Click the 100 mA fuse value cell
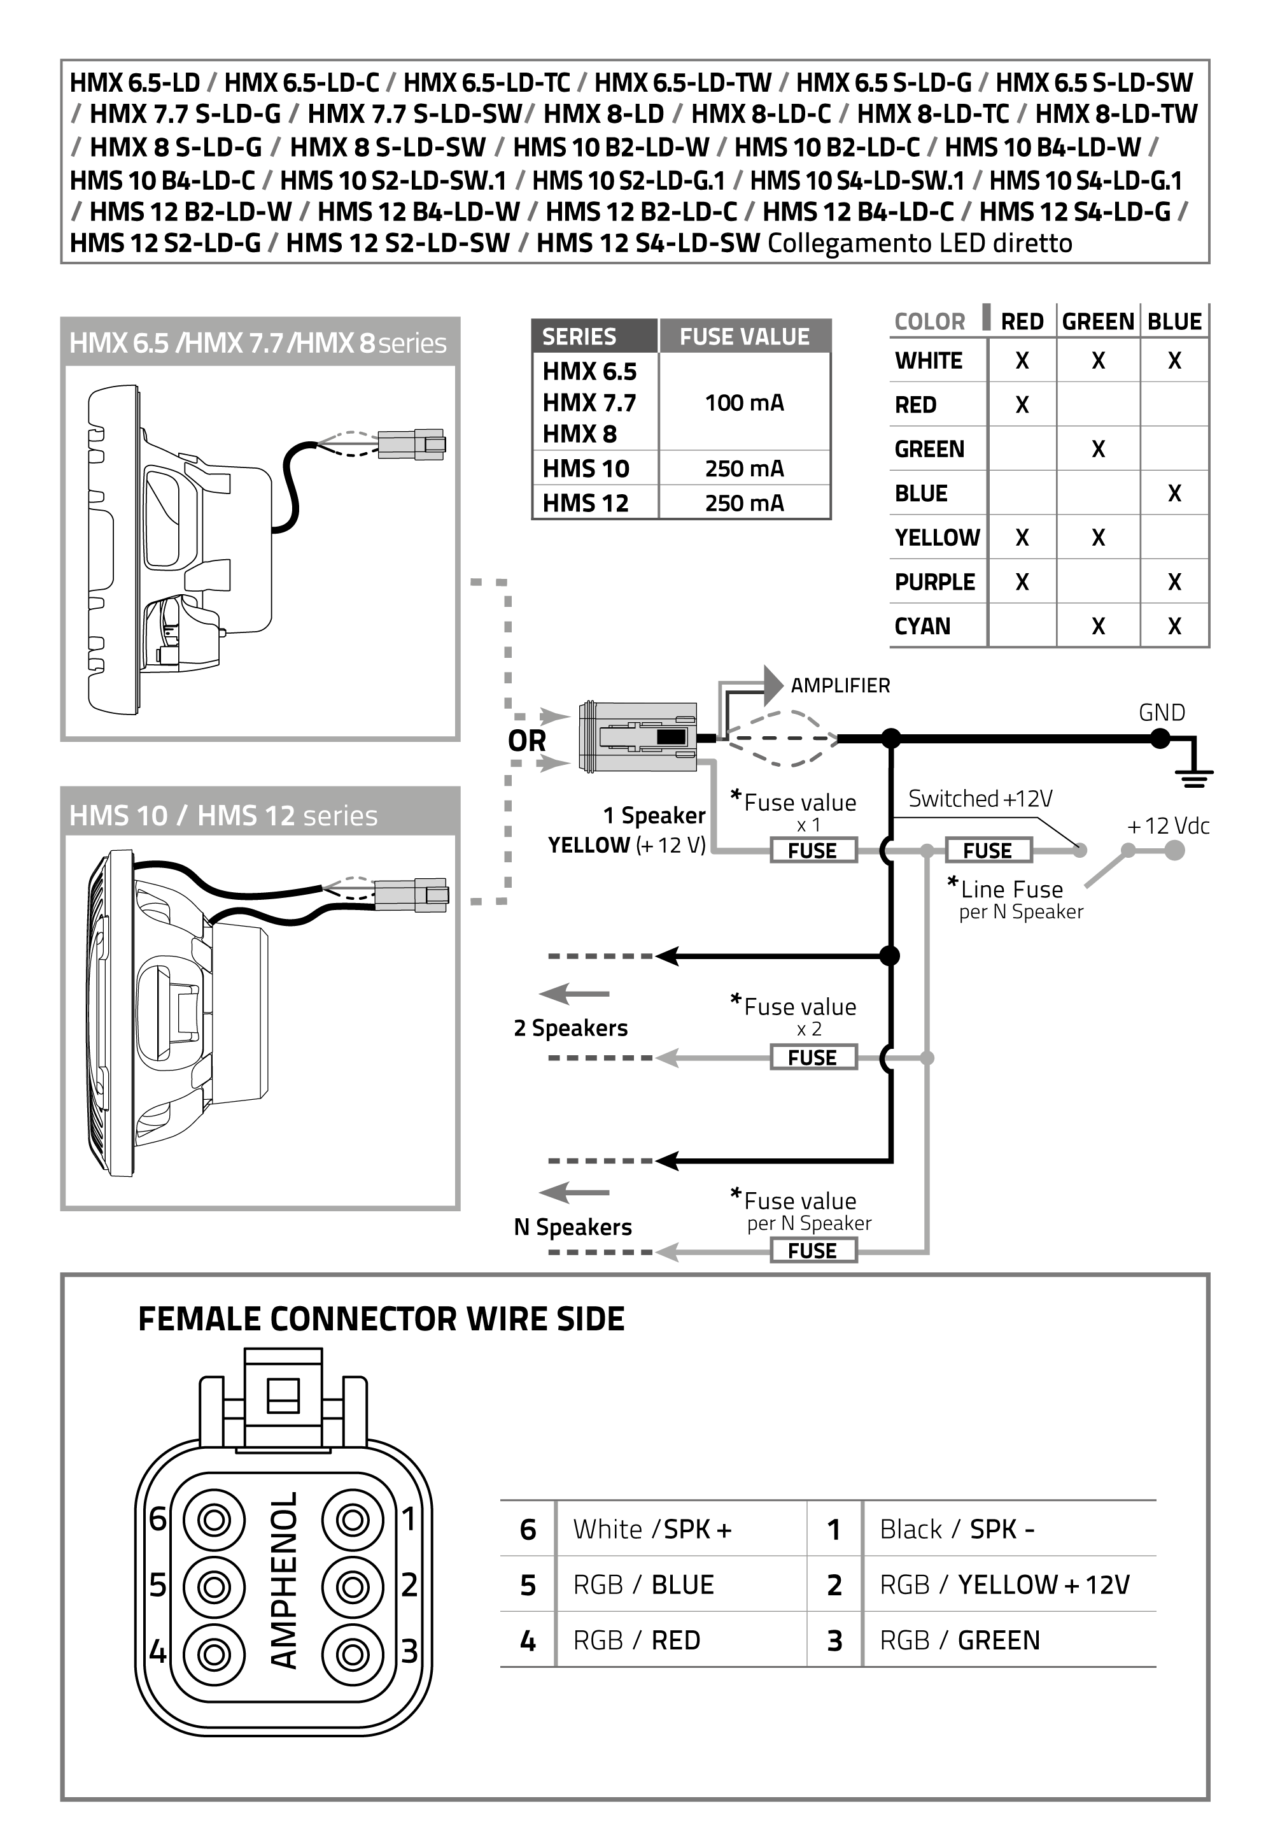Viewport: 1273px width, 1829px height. pyautogui.click(x=743, y=403)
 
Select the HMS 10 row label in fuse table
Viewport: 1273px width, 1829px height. pyautogui.click(x=586, y=469)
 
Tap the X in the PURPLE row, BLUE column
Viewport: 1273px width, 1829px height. pyautogui.click(x=1174, y=582)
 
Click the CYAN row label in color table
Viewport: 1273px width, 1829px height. pyautogui.click(x=922, y=626)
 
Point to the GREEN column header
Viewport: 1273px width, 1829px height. pyautogui.click(x=1097, y=322)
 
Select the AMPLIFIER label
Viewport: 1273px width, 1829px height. pyautogui.click(x=840, y=685)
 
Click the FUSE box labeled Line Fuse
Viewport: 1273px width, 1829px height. pyautogui.click(x=987, y=851)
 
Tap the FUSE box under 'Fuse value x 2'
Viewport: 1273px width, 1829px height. pyautogui.click(x=812, y=1058)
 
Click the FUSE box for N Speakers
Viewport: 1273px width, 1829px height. pyautogui.click(x=812, y=1251)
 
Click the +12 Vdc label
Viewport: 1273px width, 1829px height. pyautogui.click(x=1168, y=826)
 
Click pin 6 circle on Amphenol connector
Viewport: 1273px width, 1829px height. pyautogui.click(x=213, y=1520)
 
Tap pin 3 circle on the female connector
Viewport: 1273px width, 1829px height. pyautogui.click(x=352, y=1655)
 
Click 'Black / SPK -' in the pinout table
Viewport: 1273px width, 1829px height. pyautogui.click(x=956, y=1530)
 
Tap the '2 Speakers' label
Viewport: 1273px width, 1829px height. pyautogui.click(x=571, y=1028)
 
